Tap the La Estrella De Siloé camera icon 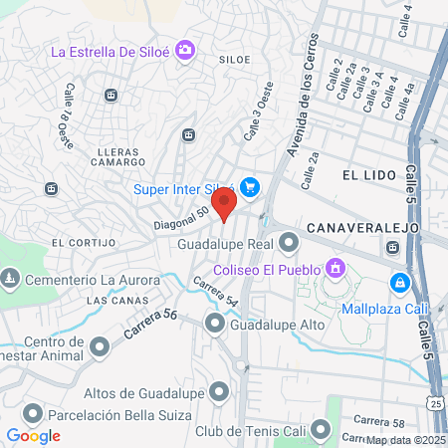[184, 50]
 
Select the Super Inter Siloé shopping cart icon [249, 186]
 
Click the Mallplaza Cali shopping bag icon [398, 282]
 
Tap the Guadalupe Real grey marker [289, 242]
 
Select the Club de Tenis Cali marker [321, 430]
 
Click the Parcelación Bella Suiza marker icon [32, 412]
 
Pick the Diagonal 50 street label [181, 218]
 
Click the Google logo [33, 435]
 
